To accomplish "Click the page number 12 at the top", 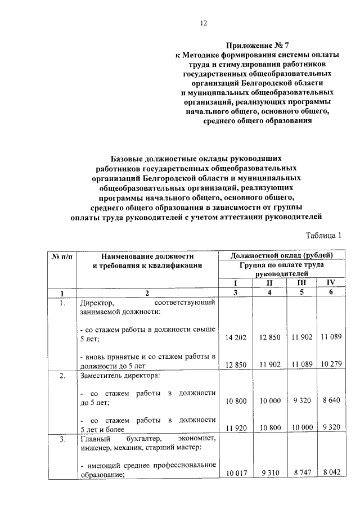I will pos(204,23).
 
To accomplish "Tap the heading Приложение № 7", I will pos(254,43).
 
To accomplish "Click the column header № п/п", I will pos(62,256).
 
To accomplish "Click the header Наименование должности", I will pos(147,256).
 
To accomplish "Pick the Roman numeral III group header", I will pos(301,283).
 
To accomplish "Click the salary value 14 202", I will pos(236,337).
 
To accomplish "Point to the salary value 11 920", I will pos(236,427).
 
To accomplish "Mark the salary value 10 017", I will pos(236,474).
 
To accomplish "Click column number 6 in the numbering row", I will pos(331,292).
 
